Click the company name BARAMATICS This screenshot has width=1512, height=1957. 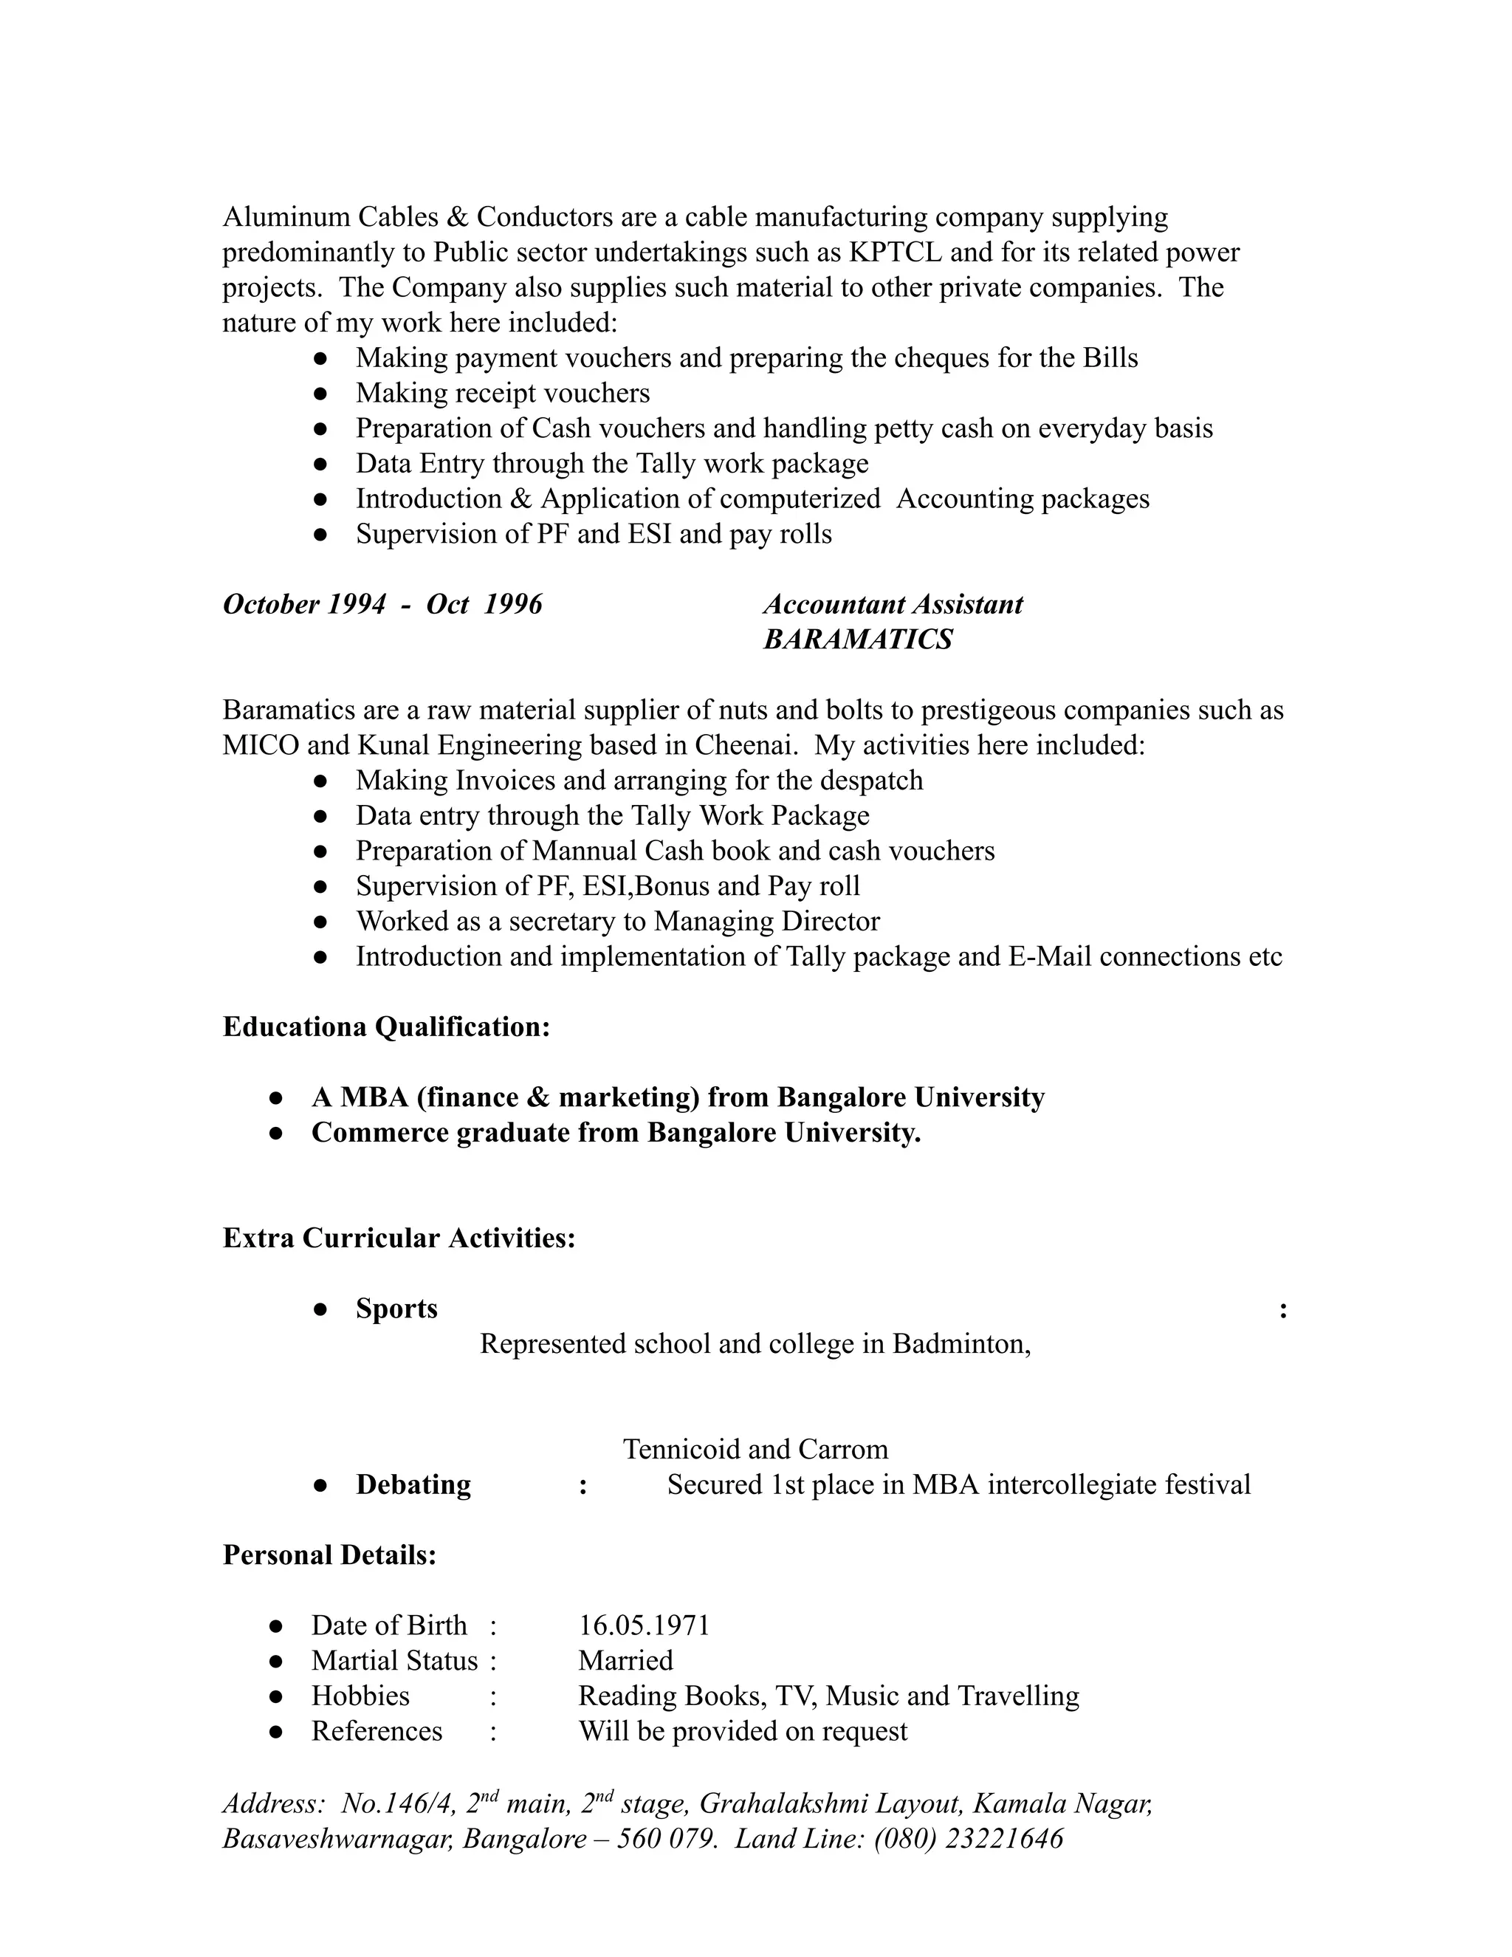(x=857, y=640)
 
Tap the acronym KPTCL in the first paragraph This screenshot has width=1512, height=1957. (x=895, y=253)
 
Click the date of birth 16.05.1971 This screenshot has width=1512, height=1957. (x=643, y=1625)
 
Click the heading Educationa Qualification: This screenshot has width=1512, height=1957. (x=386, y=1027)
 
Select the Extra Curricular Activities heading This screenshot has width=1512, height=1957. (x=399, y=1238)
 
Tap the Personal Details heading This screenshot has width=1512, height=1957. (x=329, y=1555)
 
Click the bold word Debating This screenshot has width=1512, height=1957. (x=413, y=1485)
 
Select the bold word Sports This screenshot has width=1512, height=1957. (x=396, y=1309)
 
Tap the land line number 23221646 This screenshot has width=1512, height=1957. (x=1004, y=1839)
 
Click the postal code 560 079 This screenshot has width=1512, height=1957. (x=667, y=1839)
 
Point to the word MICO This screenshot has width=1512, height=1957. (x=261, y=746)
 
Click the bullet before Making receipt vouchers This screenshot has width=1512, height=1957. (x=320, y=394)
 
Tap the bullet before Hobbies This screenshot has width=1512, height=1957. (x=276, y=1696)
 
